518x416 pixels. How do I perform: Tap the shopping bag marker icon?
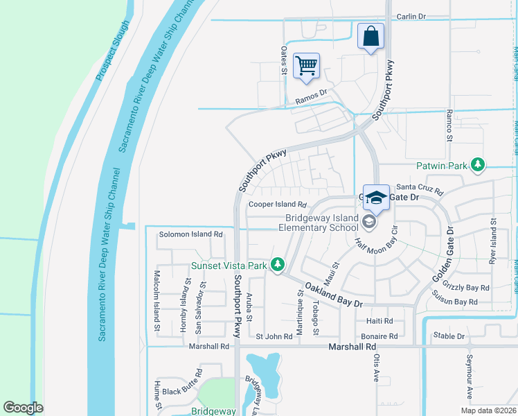(x=370, y=35)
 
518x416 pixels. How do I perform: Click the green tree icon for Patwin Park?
(x=477, y=165)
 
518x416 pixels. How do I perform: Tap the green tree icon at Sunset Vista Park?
(x=278, y=265)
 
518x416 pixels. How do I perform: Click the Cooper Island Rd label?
(x=278, y=205)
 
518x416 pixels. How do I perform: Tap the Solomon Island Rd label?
(x=191, y=234)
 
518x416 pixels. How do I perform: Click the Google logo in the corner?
(x=24, y=407)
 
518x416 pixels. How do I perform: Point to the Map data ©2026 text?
(x=487, y=410)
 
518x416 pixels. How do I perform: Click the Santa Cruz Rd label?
(x=418, y=188)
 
